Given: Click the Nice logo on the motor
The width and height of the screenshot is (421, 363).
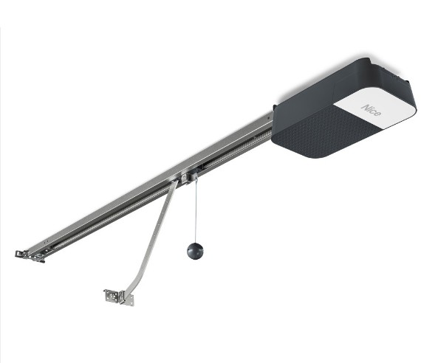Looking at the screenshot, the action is (371, 110).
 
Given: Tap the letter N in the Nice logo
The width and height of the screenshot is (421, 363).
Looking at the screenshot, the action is (366, 108).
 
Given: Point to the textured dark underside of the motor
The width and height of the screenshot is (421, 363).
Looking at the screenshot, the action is (326, 131).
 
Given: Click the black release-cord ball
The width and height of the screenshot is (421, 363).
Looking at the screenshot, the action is (195, 251).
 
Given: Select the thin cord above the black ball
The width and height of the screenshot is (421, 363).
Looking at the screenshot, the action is (196, 210).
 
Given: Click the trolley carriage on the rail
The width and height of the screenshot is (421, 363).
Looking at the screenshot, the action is (190, 176).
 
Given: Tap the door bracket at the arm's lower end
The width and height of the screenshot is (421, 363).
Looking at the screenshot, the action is (119, 297).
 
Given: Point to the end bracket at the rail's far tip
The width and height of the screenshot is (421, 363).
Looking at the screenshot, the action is (30, 255).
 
